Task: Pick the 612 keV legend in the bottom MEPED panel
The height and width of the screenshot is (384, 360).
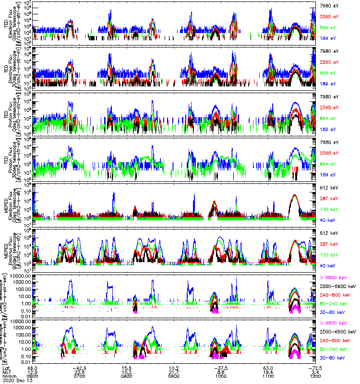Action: [327, 231]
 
